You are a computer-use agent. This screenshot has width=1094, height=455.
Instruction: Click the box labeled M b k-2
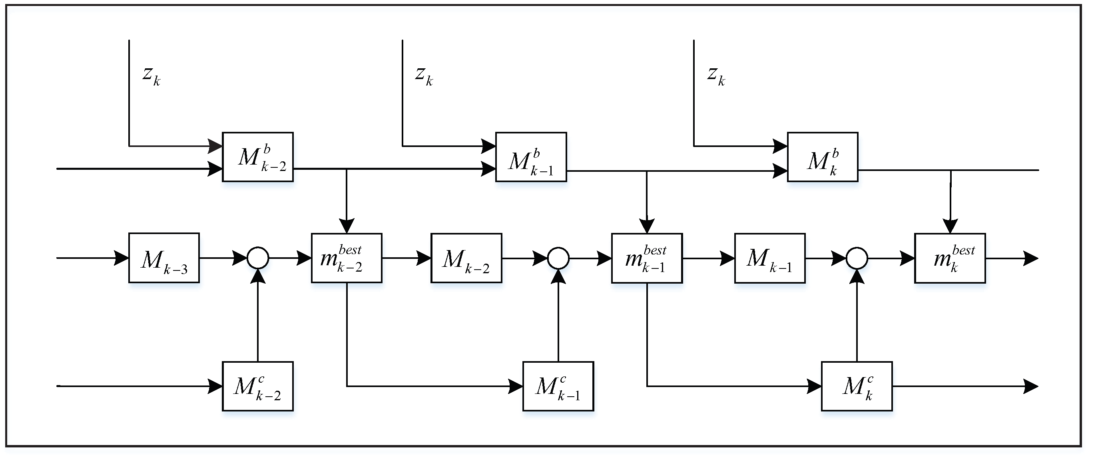pyautogui.click(x=258, y=157)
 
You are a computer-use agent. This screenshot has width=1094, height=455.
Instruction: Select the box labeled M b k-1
pyautogui.click(x=531, y=157)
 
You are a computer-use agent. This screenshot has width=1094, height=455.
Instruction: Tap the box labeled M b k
pyautogui.click(x=823, y=157)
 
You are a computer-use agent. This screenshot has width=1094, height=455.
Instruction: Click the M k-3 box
pyautogui.click(x=164, y=258)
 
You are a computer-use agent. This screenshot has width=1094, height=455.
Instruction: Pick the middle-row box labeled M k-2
pyautogui.click(x=466, y=258)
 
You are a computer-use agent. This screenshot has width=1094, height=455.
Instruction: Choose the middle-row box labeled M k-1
pyautogui.click(x=769, y=258)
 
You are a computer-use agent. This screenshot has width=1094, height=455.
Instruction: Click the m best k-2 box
pyautogui.click(x=347, y=258)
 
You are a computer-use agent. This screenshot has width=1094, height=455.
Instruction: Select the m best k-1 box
pyautogui.click(x=647, y=258)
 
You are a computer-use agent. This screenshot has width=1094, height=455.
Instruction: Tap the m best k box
pyautogui.click(x=950, y=258)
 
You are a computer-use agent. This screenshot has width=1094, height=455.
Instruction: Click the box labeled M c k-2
pyautogui.click(x=258, y=386)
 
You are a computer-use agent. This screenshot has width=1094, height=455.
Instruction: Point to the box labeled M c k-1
pyautogui.click(x=558, y=386)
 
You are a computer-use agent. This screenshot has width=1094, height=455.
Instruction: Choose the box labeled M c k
pyautogui.click(x=857, y=386)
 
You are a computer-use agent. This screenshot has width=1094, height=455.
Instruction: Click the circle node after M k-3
pyautogui.click(x=258, y=258)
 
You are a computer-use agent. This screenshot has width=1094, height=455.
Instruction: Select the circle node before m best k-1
pyautogui.click(x=558, y=258)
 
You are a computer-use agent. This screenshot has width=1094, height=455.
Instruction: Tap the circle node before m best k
pyautogui.click(x=857, y=258)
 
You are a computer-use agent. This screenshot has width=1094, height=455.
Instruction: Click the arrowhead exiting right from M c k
pyautogui.click(x=1031, y=386)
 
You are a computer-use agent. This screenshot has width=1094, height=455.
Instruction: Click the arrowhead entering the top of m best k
pyautogui.click(x=950, y=226)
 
